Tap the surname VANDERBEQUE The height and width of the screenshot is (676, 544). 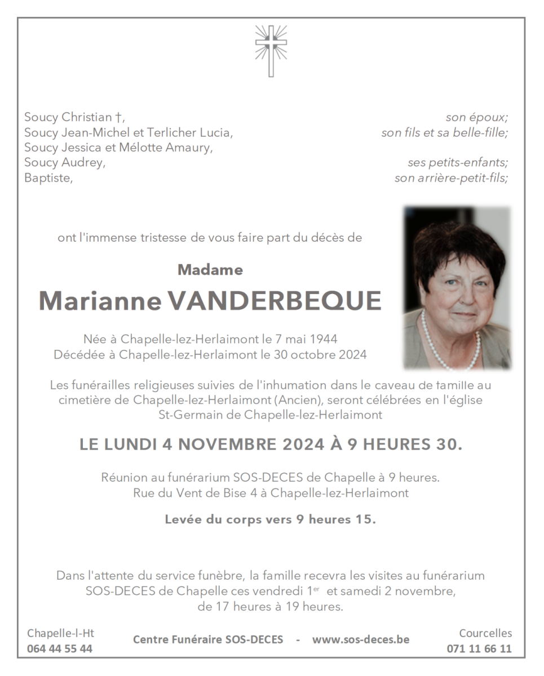(x=275, y=301)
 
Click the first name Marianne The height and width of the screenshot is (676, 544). (x=99, y=301)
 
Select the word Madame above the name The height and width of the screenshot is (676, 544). (x=210, y=270)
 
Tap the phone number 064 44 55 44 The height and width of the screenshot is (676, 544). (x=60, y=648)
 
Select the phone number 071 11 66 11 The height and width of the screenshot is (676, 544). (x=479, y=648)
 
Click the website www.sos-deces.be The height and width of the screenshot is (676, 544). (x=361, y=639)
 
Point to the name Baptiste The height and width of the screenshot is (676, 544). (x=48, y=179)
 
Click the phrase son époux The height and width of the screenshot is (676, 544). (x=477, y=118)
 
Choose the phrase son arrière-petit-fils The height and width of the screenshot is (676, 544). (x=451, y=179)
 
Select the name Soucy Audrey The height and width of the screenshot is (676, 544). (x=64, y=163)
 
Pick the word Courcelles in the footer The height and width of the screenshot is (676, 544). (x=485, y=633)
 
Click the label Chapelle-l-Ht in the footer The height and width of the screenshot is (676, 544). (x=60, y=633)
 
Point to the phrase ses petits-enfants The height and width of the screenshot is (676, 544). (x=458, y=163)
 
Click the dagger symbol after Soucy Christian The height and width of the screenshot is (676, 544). (x=118, y=118)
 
